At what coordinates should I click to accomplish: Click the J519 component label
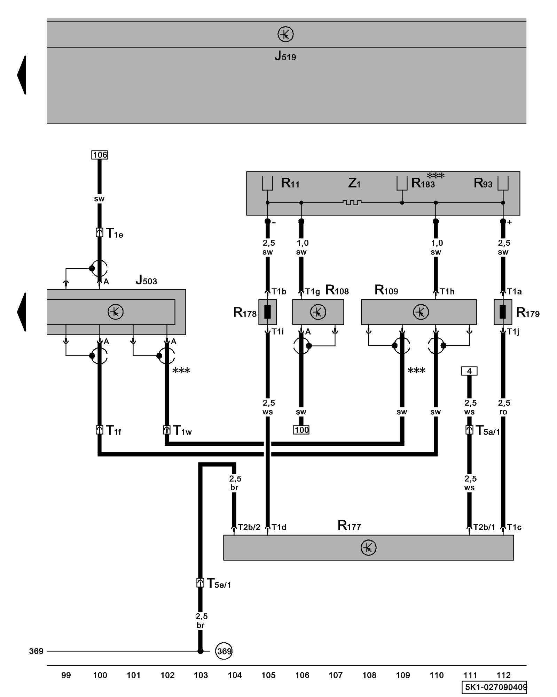285,56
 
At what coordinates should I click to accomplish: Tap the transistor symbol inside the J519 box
285,35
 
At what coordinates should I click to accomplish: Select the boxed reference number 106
100,155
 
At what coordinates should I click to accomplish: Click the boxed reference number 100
301,430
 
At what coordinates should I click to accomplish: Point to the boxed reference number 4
469,371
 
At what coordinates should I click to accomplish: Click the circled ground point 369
223,651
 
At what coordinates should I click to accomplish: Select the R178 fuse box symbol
267,312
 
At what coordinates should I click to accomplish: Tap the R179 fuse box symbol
503,312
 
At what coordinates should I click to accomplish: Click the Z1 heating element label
354,183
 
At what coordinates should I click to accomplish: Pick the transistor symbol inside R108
318,312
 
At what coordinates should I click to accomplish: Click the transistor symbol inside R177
368,547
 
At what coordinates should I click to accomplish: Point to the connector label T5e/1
219,583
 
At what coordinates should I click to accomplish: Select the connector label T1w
182,431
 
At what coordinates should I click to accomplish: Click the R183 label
423,183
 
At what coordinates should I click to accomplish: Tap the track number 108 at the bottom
369,675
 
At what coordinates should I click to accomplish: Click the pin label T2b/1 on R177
484,527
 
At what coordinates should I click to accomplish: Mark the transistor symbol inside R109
421,312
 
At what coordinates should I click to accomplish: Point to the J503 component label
146,280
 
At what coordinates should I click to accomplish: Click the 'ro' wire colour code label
503,412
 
